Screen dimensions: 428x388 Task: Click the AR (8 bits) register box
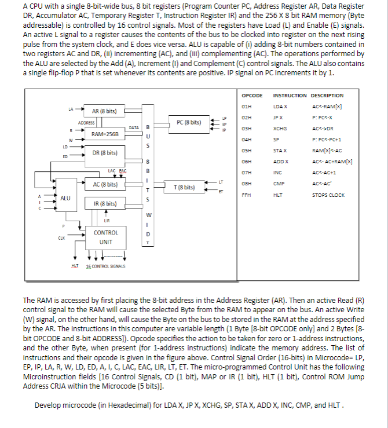point(104,110)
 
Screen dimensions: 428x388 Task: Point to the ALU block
point(65,198)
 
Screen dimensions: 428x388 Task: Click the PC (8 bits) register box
point(189,122)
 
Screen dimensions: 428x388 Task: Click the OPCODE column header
point(251,95)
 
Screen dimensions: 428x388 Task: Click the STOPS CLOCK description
point(328,195)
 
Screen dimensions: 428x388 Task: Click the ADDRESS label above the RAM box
point(87,123)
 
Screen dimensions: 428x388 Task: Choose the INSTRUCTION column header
point(290,95)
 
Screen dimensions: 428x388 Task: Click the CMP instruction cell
point(279,184)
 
